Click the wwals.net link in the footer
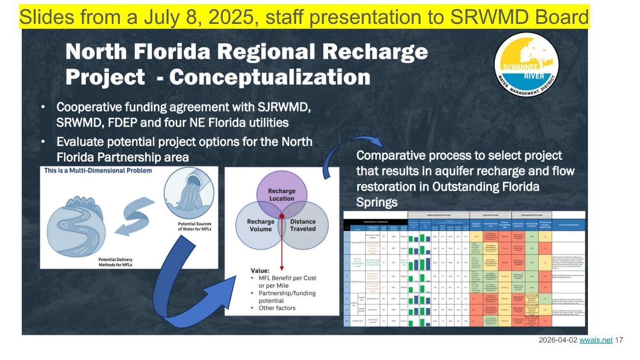tap(596, 340)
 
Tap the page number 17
tap(619, 340)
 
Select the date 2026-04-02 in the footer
tap(558, 340)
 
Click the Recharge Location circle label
tap(281, 195)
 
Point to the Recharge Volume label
tap(260, 225)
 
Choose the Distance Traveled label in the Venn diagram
tap(303, 225)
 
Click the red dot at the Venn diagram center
tap(282, 216)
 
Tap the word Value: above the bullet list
tap(260, 270)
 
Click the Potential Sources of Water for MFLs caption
tap(195, 226)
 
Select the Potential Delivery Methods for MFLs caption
tap(115, 262)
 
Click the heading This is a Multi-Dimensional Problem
tap(98, 171)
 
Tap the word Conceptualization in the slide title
tap(270, 77)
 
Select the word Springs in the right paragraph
tap(377, 202)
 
